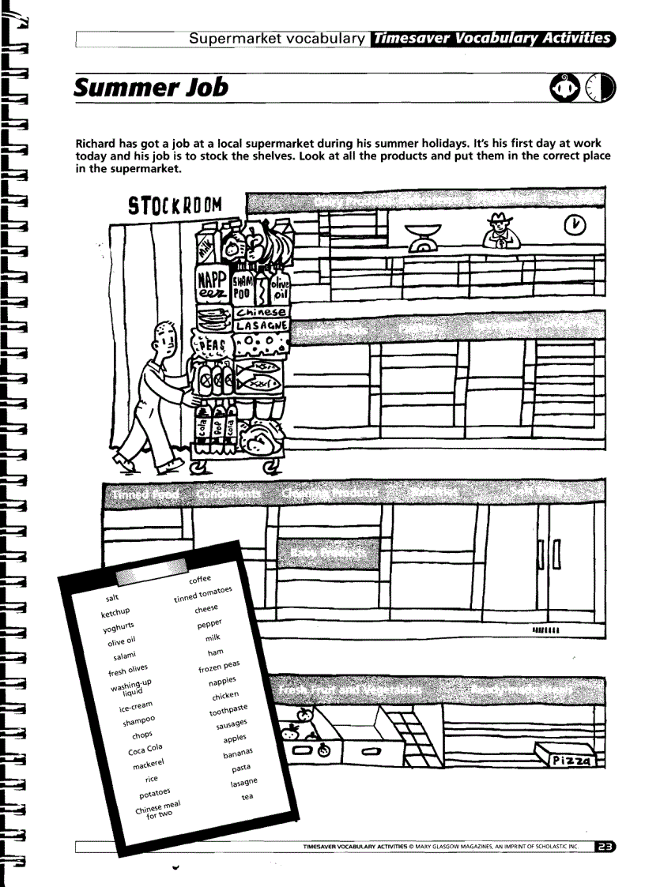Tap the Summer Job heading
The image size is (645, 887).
tap(150, 86)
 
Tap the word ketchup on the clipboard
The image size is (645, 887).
tap(115, 612)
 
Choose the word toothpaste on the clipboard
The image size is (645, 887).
tap(228, 709)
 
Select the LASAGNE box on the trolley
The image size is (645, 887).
tap(263, 324)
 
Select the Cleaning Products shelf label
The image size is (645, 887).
tap(330, 492)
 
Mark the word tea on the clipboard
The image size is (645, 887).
tap(247, 797)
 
